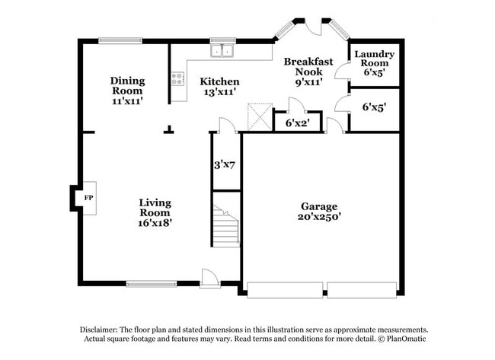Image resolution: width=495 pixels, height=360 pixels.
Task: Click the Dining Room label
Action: coord(126,81)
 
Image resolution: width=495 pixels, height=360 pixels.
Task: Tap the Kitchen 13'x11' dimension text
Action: coord(219,91)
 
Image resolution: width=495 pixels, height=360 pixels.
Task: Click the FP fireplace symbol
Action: coord(88,198)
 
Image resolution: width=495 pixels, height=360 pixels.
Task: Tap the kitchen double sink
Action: coord(222,51)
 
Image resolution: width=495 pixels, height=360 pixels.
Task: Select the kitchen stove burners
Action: coord(178,78)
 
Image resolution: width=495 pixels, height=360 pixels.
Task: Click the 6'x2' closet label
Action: coord(298,122)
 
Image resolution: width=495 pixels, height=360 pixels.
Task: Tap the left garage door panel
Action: coord(285,289)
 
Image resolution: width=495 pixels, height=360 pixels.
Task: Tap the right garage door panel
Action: coord(362,289)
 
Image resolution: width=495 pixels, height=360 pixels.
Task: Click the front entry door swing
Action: coord(209,276)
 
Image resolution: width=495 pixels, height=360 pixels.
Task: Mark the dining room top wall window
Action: coord(120,40)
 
